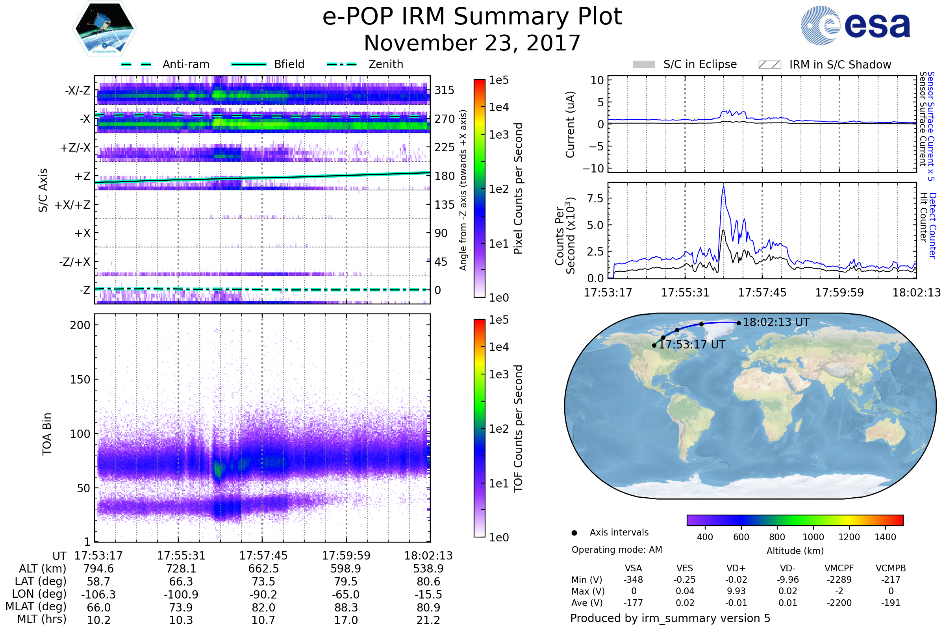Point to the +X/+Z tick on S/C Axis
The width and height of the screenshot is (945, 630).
(72, 205)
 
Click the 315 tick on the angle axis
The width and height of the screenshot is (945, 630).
(444, 90)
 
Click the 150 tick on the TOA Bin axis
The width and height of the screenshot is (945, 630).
(80, 380)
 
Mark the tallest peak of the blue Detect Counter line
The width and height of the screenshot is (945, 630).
(724, 187)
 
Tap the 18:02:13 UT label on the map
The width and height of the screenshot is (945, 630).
(776, 322)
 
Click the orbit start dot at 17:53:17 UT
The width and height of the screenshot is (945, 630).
(654, 346)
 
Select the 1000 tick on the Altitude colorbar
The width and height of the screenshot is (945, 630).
(813, 537)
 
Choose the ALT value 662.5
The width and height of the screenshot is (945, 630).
(263, 569)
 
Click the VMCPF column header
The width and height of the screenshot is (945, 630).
(839, 569)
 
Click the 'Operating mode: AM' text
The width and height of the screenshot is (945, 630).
(617, 550)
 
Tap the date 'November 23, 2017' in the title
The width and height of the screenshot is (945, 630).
(472, 43)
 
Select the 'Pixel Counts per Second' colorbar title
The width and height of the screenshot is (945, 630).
(518, 189)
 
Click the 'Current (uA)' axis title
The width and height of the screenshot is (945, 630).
(570, 124)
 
